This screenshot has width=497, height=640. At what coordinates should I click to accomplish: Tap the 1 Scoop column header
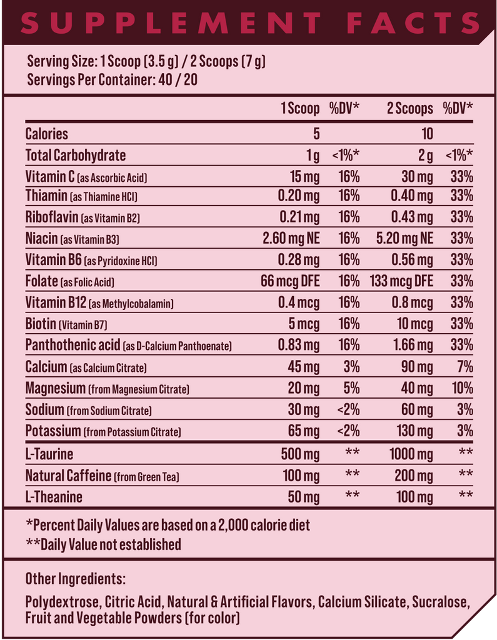point(300,109)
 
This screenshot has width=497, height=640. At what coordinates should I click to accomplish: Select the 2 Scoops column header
point(409,109)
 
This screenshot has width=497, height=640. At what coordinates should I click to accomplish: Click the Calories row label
point(47,134)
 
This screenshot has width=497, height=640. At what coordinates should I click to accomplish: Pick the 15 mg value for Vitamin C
point(304,177)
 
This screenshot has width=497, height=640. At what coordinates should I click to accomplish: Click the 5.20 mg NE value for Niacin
point(404,238)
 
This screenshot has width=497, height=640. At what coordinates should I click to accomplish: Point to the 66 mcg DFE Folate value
point(290,281)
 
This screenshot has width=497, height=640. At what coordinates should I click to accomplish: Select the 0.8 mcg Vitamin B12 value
point(412,303)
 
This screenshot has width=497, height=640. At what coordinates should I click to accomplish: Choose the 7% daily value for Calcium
point(464,367)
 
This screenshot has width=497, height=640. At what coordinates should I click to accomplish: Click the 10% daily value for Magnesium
point(463,388)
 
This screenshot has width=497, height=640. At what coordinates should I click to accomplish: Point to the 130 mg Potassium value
point(414,431)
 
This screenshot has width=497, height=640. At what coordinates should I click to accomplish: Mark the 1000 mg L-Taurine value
point(411,454)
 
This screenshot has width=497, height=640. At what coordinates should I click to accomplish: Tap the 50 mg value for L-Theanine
point(304,497)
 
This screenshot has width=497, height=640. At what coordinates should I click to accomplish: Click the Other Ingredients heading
point(76,578)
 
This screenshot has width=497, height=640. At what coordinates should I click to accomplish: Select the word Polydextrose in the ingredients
point(62,602)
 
